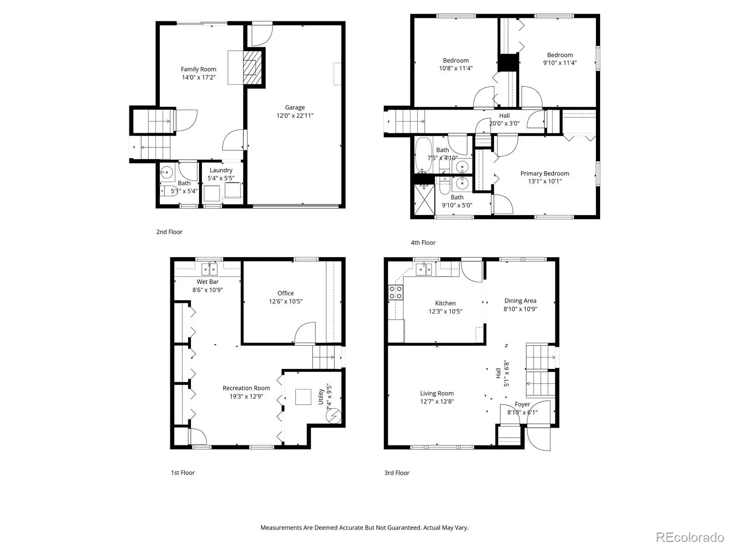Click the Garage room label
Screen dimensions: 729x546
tap(295, 107)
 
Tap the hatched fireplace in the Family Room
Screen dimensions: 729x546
tap(250, 68)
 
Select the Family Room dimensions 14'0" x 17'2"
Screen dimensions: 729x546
tap(198, 77)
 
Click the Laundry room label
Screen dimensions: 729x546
tap(221, 170)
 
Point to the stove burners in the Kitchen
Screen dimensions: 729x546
tap(395, 293)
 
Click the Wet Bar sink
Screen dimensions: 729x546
tap(210, 269)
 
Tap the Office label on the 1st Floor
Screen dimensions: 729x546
tap(285, 293)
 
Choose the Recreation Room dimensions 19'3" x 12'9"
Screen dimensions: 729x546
tap(246, 396)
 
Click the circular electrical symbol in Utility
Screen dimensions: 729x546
tap(334, 416)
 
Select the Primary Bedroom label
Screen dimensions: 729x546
tap(544, 173)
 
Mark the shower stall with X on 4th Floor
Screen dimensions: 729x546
tap(425, 200)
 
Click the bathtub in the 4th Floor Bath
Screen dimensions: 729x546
tap(423, 155)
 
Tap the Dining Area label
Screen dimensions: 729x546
tap(520, 301)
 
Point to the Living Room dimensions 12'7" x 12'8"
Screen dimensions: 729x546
tap(437, 401)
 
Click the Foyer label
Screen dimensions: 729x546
tap(522, 404)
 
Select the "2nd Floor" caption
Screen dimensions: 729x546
tap(169, 232)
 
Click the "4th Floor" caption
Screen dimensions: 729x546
tap(423, 243)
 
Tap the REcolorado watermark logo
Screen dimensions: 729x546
tap(690, 537)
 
